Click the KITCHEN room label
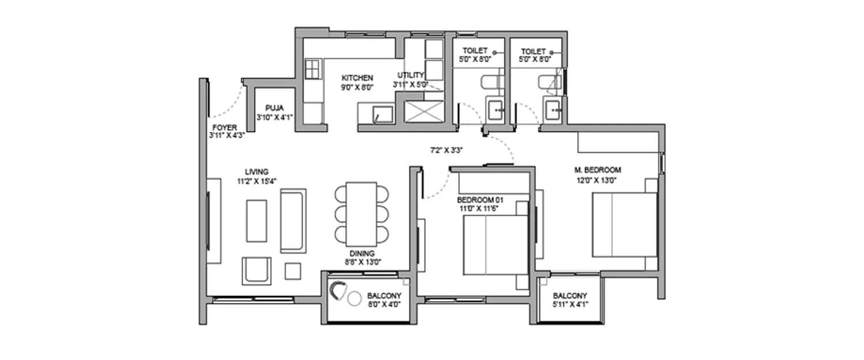(357, 78)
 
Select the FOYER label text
(223, 127)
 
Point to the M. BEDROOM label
(597, 170)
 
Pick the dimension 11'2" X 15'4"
(257, 180)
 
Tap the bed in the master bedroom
(625, 225)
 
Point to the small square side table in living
(293, 271)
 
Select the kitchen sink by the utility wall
(381, 114)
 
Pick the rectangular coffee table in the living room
(256, 221)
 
